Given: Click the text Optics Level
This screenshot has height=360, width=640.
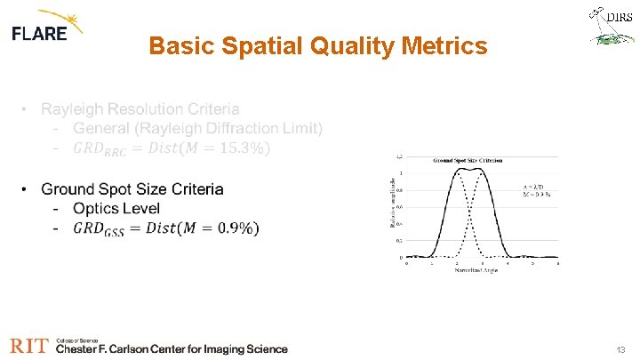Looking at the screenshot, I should (116, 209).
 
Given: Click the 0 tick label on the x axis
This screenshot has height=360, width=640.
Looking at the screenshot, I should (407, 264).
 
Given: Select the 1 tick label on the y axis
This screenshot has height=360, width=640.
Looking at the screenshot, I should (401, 172).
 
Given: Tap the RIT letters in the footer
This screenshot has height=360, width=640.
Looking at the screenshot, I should (29, 346).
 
